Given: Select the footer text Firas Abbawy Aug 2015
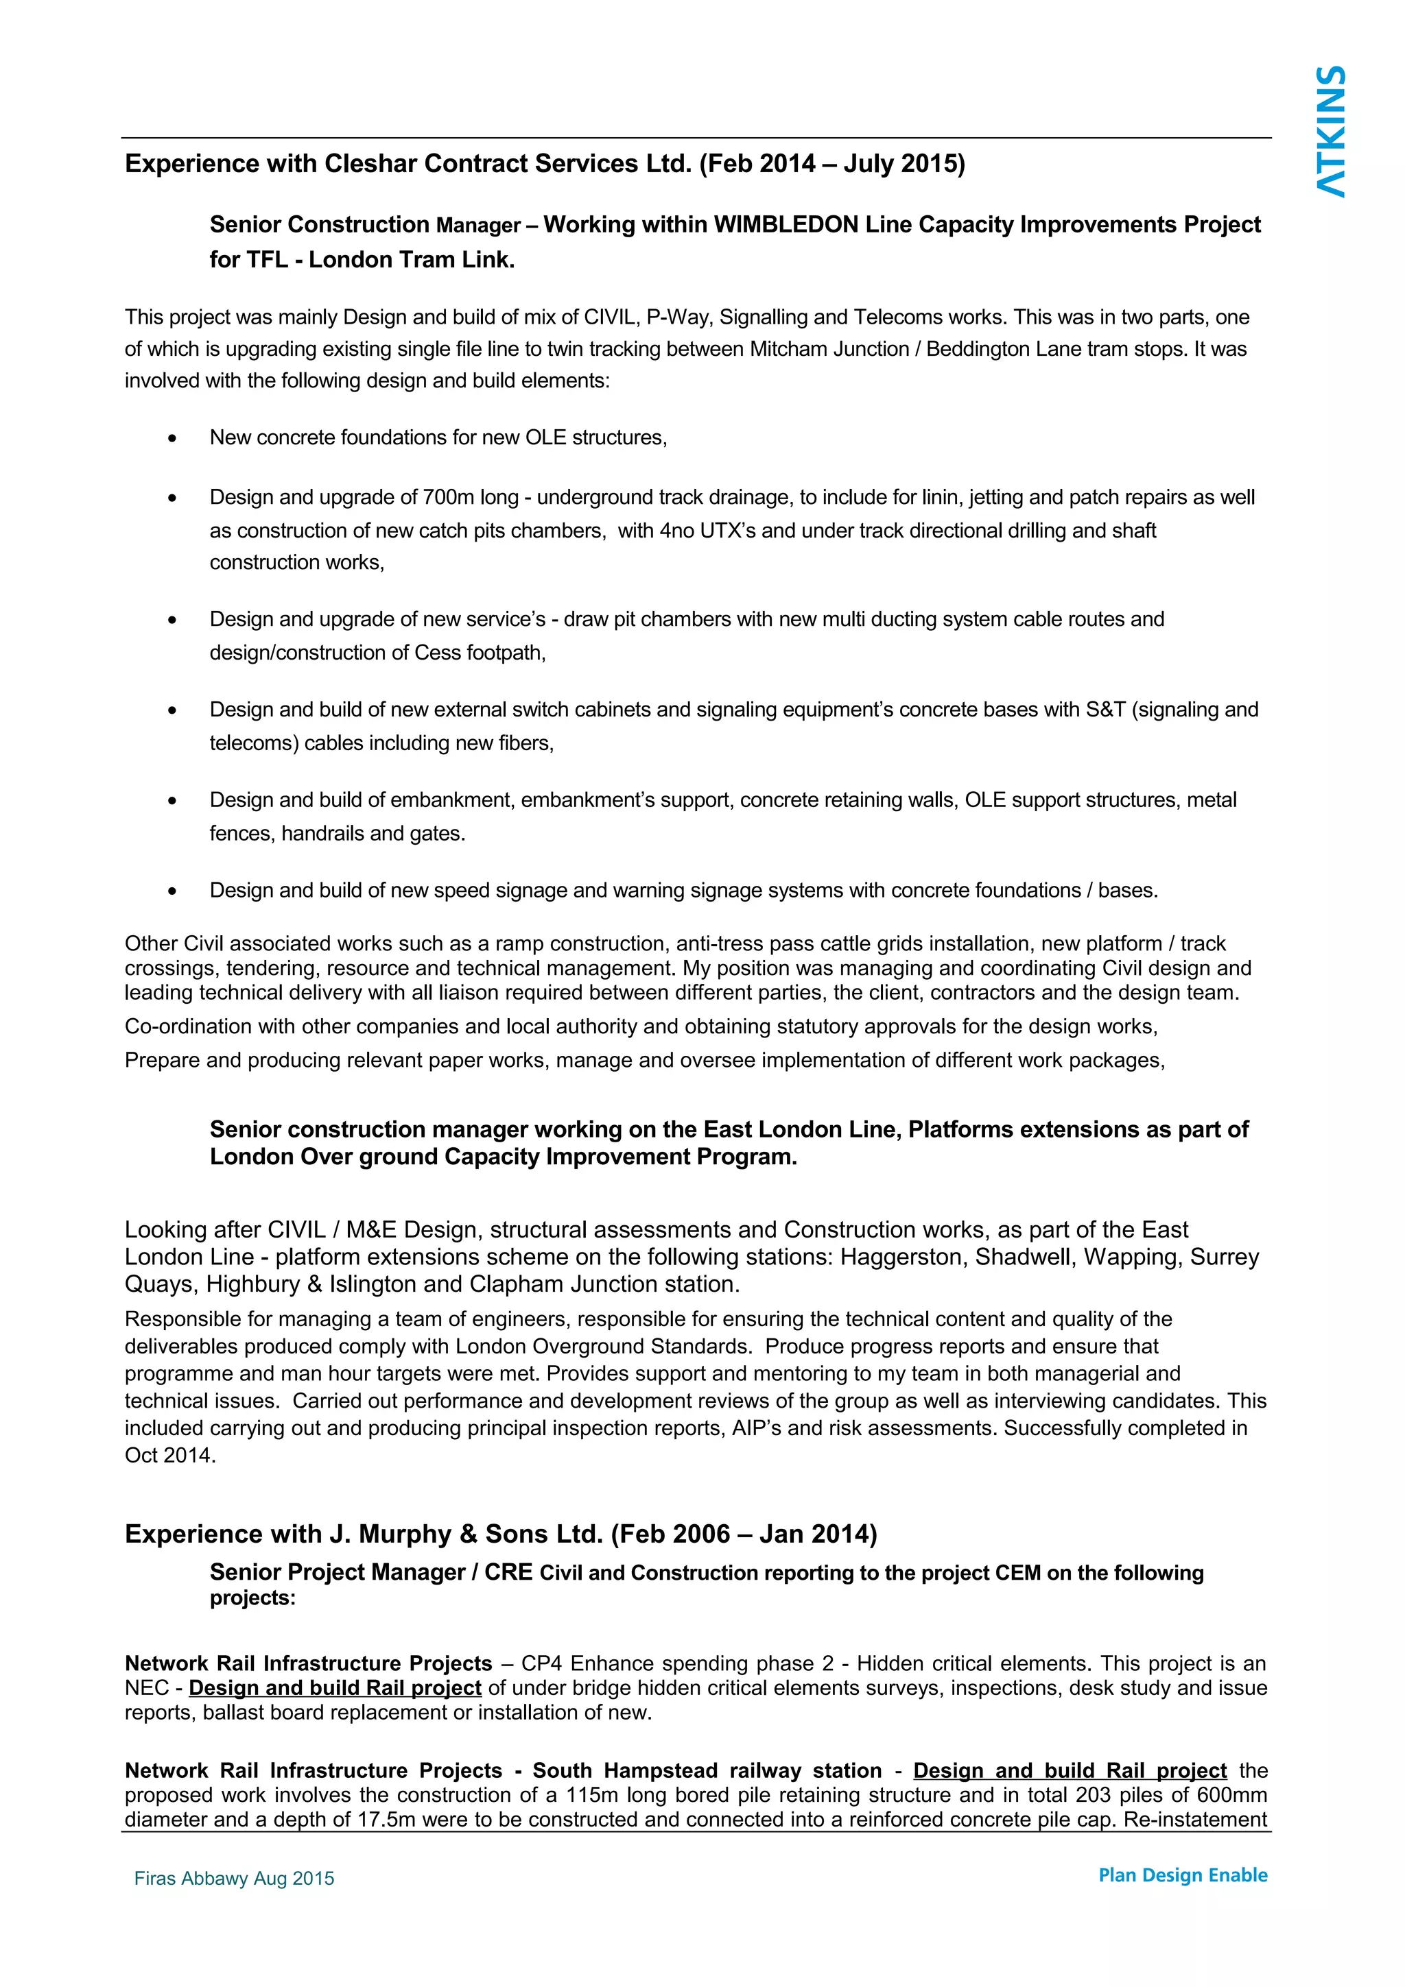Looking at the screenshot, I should point(234,1878).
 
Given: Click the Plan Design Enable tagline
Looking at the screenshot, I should point(1183,1875).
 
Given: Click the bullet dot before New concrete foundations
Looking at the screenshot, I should point(172,439).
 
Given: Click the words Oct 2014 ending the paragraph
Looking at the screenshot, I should point(169,1455).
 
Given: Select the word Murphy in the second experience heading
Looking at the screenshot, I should point(405,1534).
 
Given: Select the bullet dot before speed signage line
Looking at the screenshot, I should point(172,891).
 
